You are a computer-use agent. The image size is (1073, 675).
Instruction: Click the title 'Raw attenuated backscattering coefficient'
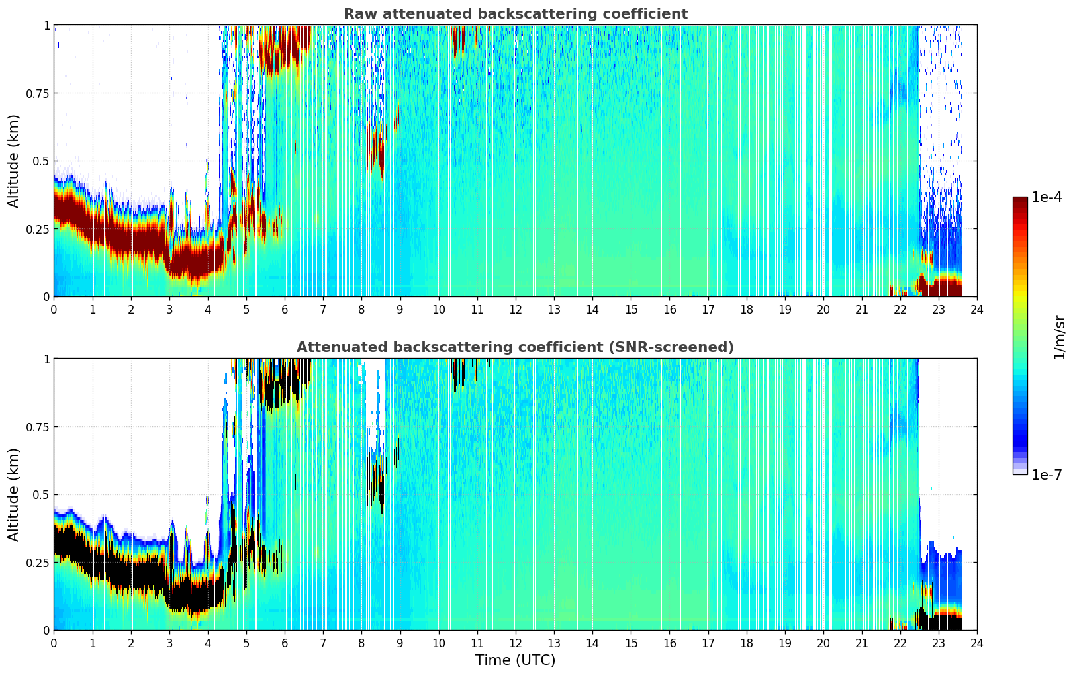pos(516,13)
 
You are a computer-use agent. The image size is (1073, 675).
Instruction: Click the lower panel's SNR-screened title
pos(515,347)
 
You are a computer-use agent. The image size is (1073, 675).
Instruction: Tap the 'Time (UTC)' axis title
pos(515,660)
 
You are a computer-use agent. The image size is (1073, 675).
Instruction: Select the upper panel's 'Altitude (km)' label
pos(13,161)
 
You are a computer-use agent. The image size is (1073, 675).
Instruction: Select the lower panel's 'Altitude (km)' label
pos(13,494)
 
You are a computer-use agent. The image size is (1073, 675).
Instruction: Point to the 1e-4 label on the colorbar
pos(1047,197)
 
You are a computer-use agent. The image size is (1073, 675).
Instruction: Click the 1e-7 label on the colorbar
pos(1047,475)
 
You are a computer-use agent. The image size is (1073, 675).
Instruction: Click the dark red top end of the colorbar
pos(1020,199)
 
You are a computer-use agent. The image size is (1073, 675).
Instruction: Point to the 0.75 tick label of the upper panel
pos(37,93)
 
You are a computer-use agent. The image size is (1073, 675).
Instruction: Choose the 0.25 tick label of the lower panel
pos(37,562)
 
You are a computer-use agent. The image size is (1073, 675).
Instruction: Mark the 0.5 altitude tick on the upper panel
pos(41,161)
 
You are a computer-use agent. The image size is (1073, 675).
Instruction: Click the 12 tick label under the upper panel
pos(516,310)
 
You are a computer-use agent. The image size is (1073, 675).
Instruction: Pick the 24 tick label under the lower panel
pos(977,643)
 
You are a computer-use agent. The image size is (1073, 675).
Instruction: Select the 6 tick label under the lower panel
pos(285,643)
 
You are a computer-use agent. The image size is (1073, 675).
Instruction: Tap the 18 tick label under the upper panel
pos(746,310)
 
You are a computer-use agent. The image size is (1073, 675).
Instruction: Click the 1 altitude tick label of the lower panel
pos(46,359)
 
